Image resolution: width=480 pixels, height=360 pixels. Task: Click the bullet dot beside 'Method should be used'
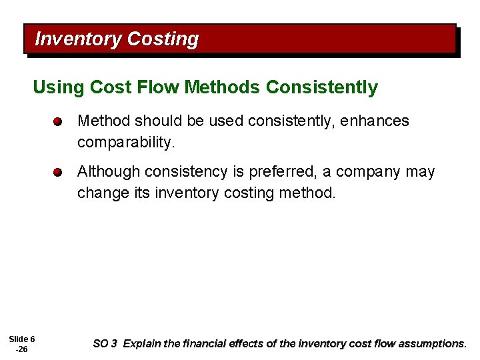pyautogui.click(x=59, y=122)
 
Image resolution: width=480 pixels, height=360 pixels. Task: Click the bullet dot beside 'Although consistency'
pyautogui.click(x=59, y=172)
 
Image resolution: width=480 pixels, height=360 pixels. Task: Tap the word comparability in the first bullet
pyautogui.click(x=125, y=142)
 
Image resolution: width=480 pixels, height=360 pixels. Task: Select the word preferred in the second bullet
pyautogui.click(x=282, y=171)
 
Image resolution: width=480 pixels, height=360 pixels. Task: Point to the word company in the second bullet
pyautogui.click(x=368, y=171)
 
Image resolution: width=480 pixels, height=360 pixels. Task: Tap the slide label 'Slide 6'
pyautogui.click(x=22, y=339)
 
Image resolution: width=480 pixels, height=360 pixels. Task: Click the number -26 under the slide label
pyautogui.click(x=21, y=349)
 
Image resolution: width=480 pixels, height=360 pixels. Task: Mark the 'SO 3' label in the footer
pyautogui.click(x=105, y=344)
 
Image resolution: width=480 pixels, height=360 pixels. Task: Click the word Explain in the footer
pyautogui.click(x=142, y=344)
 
